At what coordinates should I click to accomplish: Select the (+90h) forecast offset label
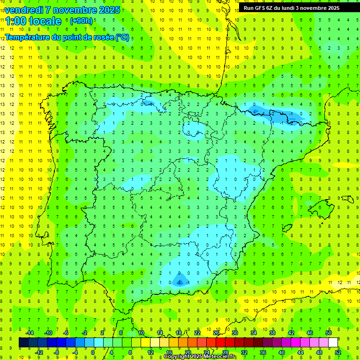click(81, 21)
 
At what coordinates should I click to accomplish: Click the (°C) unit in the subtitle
click(122, 37)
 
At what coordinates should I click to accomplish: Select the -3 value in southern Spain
click(179, 282)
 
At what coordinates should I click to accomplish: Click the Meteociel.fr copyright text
click(200, 357)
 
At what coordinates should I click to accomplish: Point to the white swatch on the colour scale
click(333, 343)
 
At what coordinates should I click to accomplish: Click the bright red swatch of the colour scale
click(221, 343)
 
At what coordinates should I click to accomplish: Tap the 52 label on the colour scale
click(338, 352)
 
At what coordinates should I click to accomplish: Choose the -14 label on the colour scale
click(29, 333)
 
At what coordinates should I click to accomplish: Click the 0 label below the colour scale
click(93, 352)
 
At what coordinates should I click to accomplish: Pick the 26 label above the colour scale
click(216, 333)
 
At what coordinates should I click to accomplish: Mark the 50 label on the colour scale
click(329, 333)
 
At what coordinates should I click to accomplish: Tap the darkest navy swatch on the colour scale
click(23, 343)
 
